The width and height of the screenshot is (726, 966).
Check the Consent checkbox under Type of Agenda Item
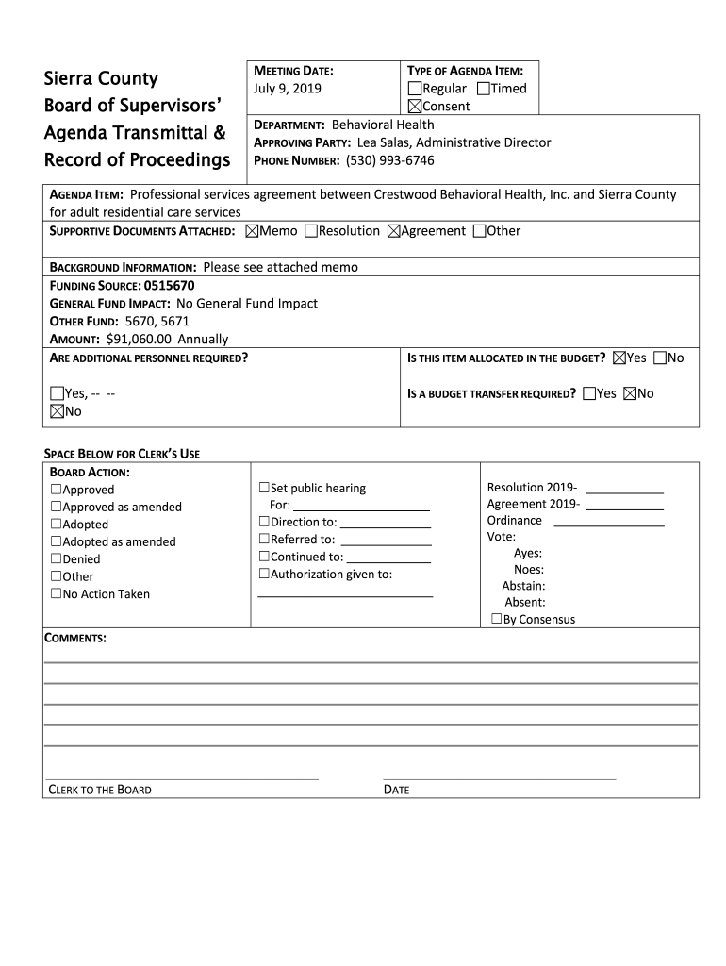[414, 107]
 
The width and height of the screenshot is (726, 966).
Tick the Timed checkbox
[484, 89]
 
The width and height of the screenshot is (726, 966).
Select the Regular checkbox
[414, 89]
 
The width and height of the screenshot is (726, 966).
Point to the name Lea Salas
[382, 142]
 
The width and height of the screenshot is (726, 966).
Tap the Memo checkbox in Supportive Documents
[252, 231]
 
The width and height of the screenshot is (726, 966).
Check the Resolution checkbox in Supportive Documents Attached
[312, 231]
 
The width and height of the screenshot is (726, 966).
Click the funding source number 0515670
[170, 285]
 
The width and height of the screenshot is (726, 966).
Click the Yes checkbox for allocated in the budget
[619, 358]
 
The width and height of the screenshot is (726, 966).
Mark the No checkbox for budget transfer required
[630, 393]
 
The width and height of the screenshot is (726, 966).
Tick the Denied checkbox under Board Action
[56, 559]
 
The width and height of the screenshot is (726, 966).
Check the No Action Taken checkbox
[56, 594]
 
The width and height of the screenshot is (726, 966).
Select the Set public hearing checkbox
[264, 489]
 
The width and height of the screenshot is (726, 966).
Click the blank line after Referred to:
[386, 541]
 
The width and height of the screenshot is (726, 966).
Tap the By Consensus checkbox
[496, 620]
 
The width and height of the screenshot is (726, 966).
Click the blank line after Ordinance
[614, 522]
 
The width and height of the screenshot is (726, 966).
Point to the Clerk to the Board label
[100, 790]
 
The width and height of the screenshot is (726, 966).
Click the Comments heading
[76, 639]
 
